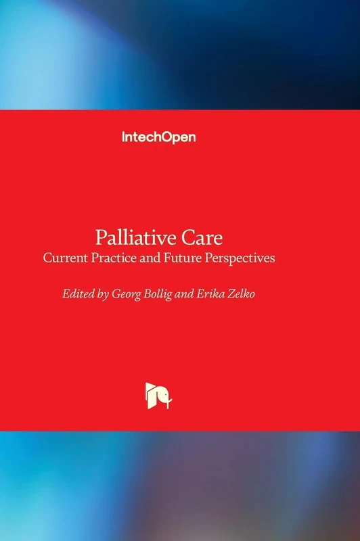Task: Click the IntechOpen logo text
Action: coord(158,137)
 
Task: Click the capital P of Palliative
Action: coord(102,238)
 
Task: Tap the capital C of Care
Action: coord(190,238)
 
